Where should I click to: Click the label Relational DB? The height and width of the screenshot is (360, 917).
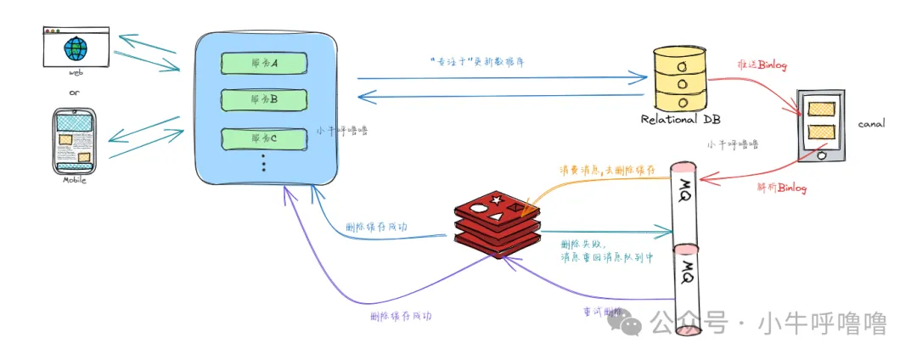click(x=680, y=120)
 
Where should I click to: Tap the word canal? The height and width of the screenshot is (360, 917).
click(x=871, y=123)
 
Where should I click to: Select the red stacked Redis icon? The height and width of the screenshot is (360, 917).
click(x=495, y=225)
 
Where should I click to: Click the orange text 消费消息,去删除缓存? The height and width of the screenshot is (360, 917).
click(x=607, y=172)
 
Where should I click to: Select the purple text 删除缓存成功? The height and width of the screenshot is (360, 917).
click(x=401, y=315)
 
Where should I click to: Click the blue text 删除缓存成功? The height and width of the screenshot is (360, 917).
click(x=376, y=228)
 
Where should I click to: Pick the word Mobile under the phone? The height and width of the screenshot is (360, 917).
click(x=76, y=180)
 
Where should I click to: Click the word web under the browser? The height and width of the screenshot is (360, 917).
click(x=75, y=74)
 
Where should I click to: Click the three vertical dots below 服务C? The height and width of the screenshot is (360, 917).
click(x=264, y=163)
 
